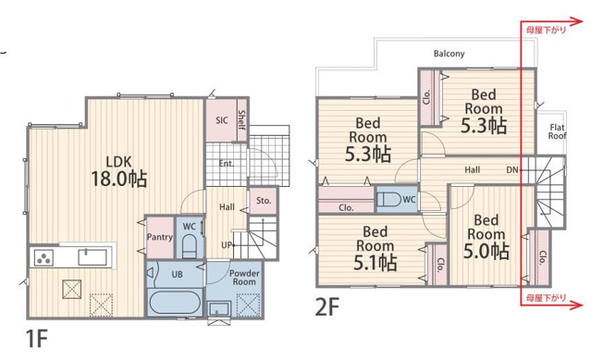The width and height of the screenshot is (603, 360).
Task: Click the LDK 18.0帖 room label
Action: pos(118,171)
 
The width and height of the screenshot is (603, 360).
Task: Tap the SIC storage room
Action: pos(221,120)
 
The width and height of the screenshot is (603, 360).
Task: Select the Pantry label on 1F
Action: pos(160,237)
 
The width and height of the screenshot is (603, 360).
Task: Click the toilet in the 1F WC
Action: pos(189,247)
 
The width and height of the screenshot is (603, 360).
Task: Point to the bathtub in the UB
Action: pos(175,302)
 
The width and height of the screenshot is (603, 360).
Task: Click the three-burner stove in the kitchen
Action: pos(43,257)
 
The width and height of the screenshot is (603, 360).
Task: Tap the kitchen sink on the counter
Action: pos(92,257)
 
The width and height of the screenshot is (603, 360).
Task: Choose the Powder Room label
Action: pos(244,278)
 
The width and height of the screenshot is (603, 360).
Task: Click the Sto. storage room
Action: pos(264,201)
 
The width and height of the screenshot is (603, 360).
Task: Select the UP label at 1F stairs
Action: pos(227,244)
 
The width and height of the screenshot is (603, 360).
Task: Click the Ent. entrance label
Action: pos(226,164)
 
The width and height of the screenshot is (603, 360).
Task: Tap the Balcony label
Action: pos(449,54)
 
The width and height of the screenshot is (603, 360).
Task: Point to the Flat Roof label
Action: pos(558,131)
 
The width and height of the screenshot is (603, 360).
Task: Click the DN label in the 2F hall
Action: pos(512,169)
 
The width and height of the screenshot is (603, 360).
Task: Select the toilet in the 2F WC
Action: pos(389,199)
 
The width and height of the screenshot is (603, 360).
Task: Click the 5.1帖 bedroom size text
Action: pos(375,263)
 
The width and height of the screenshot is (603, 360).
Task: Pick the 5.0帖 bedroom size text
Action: pos(486,251)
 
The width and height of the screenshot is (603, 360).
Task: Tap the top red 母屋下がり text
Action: pos(546,30)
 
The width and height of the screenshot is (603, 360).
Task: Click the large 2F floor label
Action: pos(327,307)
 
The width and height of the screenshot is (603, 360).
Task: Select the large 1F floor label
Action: pos(36,339)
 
